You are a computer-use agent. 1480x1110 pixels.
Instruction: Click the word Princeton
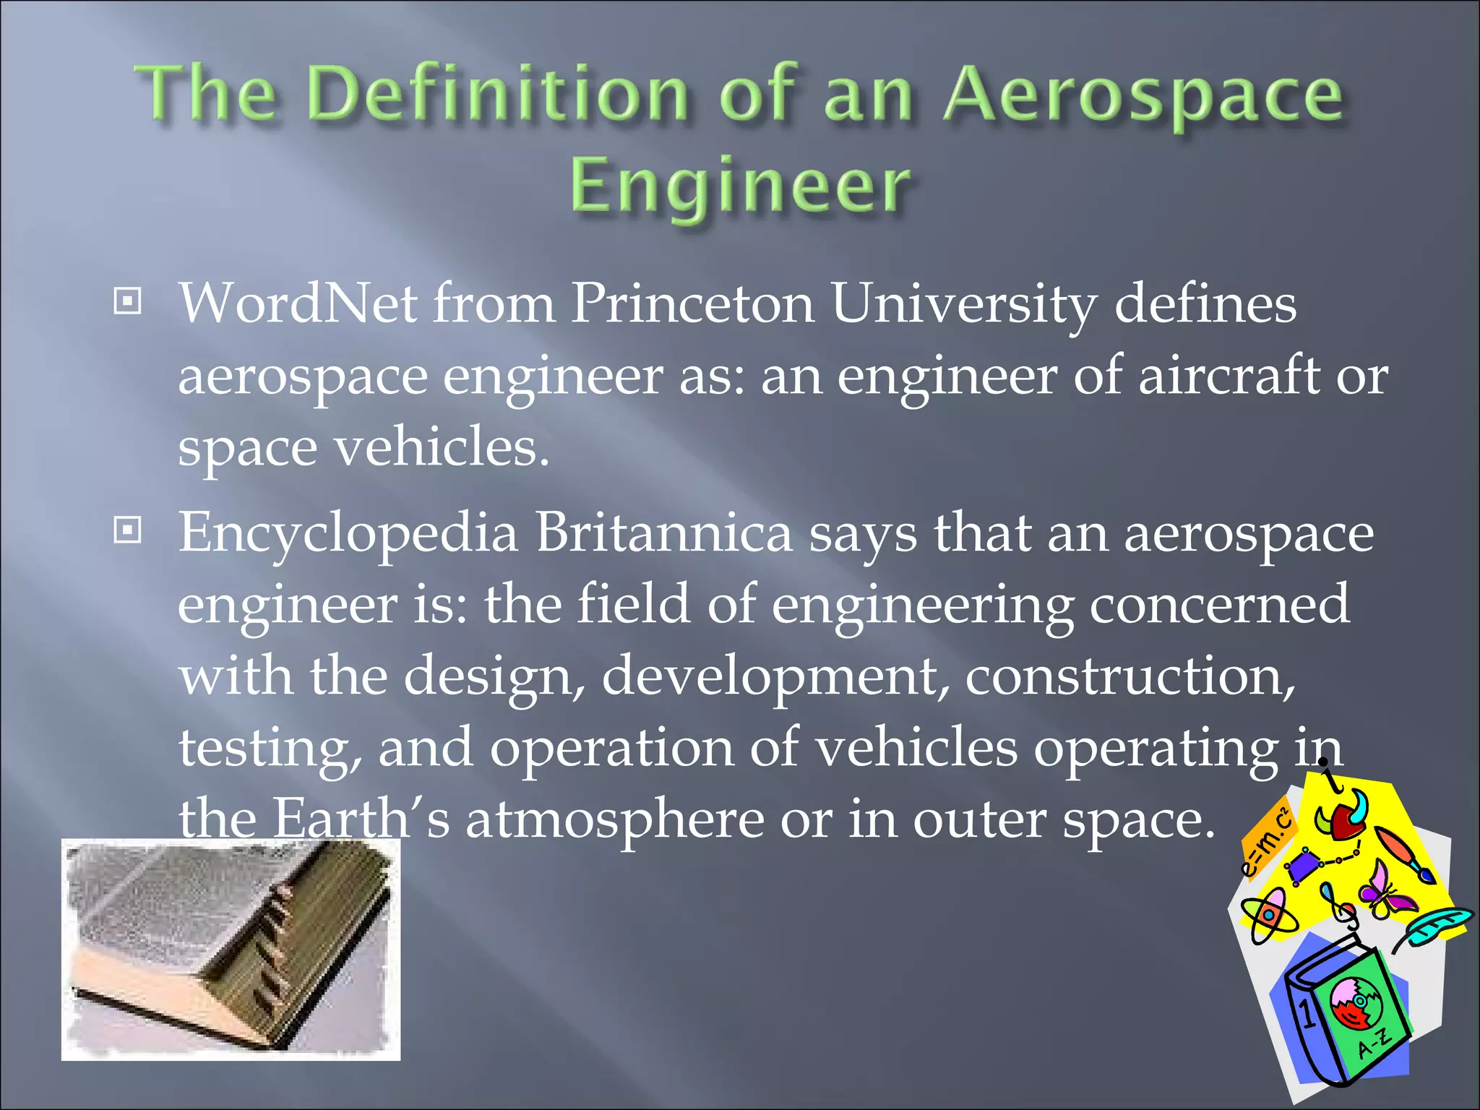click(x=692, y=304)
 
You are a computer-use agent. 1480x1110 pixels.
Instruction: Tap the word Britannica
click(x=663, y=533)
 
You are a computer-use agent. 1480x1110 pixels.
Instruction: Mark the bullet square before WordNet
click(x=128, y=301)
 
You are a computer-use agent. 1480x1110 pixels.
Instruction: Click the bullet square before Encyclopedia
click(x=128, y=531)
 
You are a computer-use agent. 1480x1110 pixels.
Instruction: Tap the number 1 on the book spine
click(x=1307, y=1015)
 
